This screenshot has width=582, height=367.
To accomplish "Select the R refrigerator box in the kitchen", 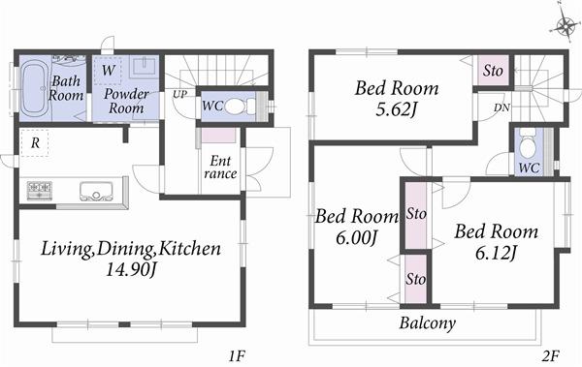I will click(x=35, y=142).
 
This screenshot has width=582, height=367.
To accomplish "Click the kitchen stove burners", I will click(x=41, y=187).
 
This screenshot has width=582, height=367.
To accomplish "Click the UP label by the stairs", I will click(x=179, y=94).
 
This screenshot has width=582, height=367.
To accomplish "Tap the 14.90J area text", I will click(x=130, y=271).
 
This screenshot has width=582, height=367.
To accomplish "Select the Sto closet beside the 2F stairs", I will click(x=492, y=70).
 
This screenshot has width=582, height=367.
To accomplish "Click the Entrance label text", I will click(x=220, y=168).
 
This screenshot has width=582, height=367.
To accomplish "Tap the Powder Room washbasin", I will click(x=143, y=68).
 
